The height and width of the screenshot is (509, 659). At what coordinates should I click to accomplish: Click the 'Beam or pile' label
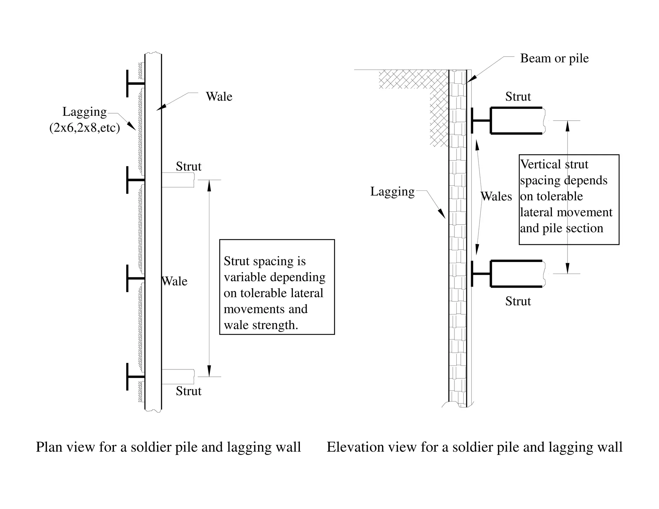click(x=554, y=58)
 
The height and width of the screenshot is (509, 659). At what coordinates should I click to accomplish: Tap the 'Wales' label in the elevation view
click(x=496, y=196)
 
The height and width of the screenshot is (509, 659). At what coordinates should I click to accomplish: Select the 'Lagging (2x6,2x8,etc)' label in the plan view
click(x=85, y=120)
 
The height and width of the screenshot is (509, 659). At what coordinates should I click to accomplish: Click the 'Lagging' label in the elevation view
click(x=392, y=191)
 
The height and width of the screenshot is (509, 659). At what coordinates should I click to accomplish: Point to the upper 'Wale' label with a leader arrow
click(x=219, y=97)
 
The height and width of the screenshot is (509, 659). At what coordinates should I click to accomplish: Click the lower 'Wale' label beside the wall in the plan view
click(x=174, y=281)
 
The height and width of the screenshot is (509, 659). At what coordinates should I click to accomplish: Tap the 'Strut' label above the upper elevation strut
click(x=518, y=97)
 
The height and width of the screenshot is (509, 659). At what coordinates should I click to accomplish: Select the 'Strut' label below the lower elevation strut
click(x=518, y=301)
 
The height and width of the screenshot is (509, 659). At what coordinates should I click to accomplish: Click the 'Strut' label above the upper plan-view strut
click(x=189, y=166)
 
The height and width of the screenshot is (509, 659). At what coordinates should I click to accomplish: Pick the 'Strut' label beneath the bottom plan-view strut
click(x=189, y=391)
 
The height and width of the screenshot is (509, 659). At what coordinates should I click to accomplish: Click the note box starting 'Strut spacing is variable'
click(x=277, y=287)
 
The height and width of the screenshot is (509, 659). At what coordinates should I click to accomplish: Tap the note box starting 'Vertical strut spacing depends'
click(x=569, y=199)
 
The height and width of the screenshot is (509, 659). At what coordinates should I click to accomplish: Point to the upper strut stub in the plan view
click(x=178, y=180)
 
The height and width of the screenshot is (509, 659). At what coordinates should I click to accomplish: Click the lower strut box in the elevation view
click(x=516, y=273)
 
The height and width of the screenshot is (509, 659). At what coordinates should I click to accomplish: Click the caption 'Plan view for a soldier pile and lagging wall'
click(x=168, y=447)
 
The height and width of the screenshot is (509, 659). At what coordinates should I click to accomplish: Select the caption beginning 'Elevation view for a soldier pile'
click(x=474, y=447)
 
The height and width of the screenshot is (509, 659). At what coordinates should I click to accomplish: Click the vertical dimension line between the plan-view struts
click(x=209, y=278)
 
